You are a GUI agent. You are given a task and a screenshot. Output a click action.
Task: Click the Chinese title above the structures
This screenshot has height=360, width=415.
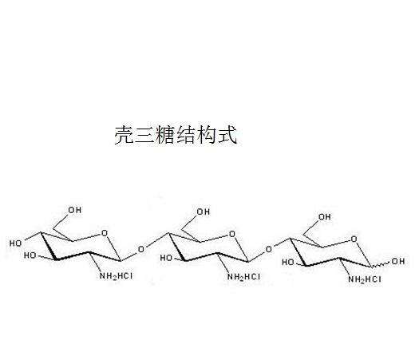click(x=176, y=135)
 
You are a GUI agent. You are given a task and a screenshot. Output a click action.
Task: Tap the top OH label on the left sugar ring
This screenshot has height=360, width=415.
click(x=75, y=210)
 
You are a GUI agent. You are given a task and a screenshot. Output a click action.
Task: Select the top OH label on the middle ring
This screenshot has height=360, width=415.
click(x=204, y=212)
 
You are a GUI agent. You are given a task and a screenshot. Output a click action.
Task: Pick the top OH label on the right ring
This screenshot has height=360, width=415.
click(x=325, y=217)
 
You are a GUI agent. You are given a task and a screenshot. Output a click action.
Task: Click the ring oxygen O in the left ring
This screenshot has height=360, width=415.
click(x=105, y=233)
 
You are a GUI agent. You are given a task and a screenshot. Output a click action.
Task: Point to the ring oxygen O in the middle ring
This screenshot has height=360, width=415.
click(x=232, y=234)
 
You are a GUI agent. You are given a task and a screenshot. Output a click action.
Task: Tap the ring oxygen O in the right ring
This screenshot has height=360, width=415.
click(x=354, y=239)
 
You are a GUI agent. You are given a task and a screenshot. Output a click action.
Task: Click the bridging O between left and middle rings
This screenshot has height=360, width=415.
click(x=141, y=249)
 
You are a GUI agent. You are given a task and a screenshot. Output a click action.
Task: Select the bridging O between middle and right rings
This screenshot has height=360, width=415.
click(x=269, y=249)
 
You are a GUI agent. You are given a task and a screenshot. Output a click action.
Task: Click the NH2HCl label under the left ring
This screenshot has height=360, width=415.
click(x=116, y=276)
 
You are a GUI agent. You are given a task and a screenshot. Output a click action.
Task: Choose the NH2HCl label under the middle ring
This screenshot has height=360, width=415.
click(x=243, y=277)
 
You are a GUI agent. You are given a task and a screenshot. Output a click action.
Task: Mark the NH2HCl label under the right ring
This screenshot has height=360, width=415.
click(x=365, y=279)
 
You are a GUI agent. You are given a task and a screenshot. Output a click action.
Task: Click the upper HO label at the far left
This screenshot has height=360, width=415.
click(x=16, y=243)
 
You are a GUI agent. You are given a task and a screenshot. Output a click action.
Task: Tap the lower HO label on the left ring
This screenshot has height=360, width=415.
click(x=30, y=255)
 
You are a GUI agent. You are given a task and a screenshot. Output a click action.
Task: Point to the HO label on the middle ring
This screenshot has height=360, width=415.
click(x=166, y=258)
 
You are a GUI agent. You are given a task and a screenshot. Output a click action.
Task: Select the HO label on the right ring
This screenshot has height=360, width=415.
click(x=288, y=263)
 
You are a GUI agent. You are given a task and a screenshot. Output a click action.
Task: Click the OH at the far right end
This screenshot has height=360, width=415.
click(x=398, y=261)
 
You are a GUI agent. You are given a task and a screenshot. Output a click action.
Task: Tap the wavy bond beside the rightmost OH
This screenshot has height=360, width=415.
click(x=381, y=264)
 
